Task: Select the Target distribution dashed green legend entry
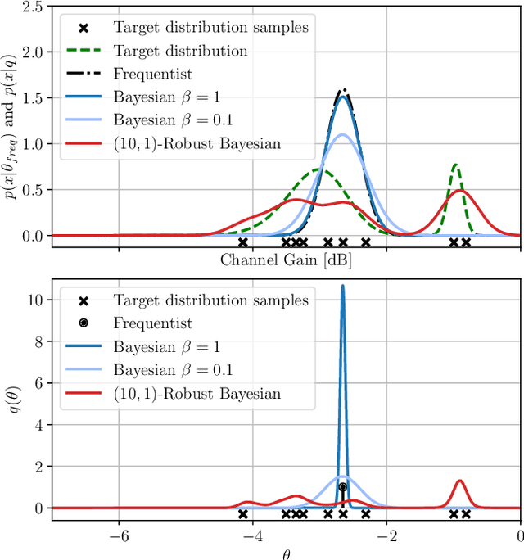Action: click(x=180, y=51)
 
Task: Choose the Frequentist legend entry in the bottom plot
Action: click(x=152, y=323)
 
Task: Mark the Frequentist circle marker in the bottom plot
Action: click(x=343, y=487)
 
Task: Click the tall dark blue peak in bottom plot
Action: click(x=342, y=287)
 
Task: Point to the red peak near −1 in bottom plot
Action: click(x=459, y=481)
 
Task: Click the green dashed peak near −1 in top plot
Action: click(x=455, y=165)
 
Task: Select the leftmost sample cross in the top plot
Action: click(x=242, y=242)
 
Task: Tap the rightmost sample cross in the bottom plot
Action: click(x=466, y=514)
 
